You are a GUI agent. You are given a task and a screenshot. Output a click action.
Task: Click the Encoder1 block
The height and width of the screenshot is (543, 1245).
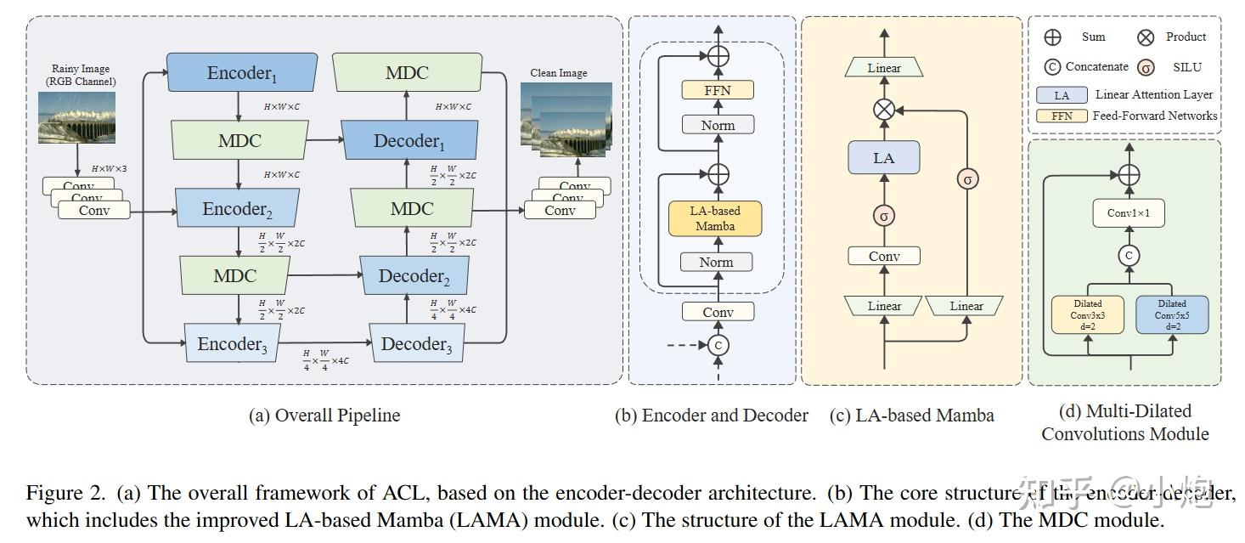241,73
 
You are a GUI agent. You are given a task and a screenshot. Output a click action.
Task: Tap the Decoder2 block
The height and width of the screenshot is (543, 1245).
414,276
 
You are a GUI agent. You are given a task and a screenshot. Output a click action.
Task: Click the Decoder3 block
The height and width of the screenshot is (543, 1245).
416,344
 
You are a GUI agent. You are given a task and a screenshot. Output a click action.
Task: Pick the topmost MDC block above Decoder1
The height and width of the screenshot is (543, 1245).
407,72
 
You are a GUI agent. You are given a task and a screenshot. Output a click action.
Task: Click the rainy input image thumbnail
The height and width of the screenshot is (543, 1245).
77,116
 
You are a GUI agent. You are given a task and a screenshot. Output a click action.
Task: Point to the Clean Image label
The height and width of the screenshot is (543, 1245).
558,73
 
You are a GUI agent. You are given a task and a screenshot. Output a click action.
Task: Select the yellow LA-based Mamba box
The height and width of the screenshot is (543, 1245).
715,218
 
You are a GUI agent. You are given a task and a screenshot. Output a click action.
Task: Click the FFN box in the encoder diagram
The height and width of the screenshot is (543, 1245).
718,90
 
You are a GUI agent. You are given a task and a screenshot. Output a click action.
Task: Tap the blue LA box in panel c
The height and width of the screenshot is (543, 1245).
883,158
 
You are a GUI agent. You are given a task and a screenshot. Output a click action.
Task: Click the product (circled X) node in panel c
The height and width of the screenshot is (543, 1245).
884,110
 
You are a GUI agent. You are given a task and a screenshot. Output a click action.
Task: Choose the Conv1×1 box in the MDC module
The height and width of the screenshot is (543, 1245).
1129,213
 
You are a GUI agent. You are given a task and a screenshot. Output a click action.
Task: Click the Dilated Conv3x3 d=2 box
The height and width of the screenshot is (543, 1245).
1087,314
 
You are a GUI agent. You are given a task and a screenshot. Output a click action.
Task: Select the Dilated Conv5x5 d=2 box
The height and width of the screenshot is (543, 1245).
1171,314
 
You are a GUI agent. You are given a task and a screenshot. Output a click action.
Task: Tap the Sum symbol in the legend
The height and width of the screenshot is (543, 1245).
1052,37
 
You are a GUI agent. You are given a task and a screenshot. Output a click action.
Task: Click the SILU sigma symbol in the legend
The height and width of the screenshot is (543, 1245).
1146,67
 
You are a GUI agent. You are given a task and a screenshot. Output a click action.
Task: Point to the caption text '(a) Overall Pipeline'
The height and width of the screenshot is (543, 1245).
324,416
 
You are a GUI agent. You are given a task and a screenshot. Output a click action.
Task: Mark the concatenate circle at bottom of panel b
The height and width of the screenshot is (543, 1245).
718,345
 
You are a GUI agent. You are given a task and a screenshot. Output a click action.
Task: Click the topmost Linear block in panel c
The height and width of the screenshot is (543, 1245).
884,68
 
